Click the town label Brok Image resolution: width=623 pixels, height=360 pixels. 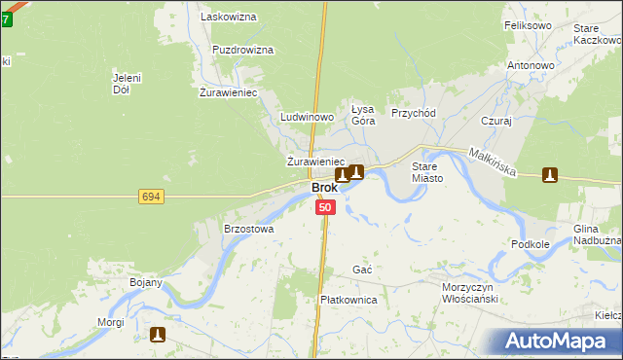pyautogui.click(x=324, y=188)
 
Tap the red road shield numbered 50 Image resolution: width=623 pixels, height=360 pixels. pyautogui.click(x=325, y=207)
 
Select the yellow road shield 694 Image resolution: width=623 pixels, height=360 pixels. pyautogui.click(x=150, y=198)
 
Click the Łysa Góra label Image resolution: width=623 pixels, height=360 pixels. pyautogui.click(x=363, y=115)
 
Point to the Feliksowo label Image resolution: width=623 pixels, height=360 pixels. pyautogui.click(x=528, y=25)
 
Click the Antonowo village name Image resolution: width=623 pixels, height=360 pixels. pyautogui.click(x=531, y=65)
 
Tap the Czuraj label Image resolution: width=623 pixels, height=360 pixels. pyautogui.click(x=496, y=122)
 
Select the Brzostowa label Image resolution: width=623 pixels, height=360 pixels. pyautogui.click(x=249, y=230)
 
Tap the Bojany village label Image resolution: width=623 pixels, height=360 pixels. pyautogui.click(x=146, y=282)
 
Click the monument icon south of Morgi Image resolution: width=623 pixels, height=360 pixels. pyautogui.click(x=158, y=335)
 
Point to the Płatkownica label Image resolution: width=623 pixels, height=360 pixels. pyautogui.click(x=348, y=301)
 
